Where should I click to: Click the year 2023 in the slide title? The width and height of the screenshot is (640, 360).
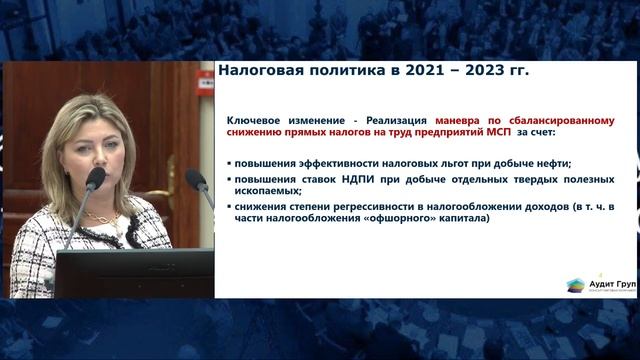[x=483, y=71]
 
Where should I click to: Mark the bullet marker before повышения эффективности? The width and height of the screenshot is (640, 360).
[x=229, y=162]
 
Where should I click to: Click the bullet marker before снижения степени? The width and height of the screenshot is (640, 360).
[x=229, y=207]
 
